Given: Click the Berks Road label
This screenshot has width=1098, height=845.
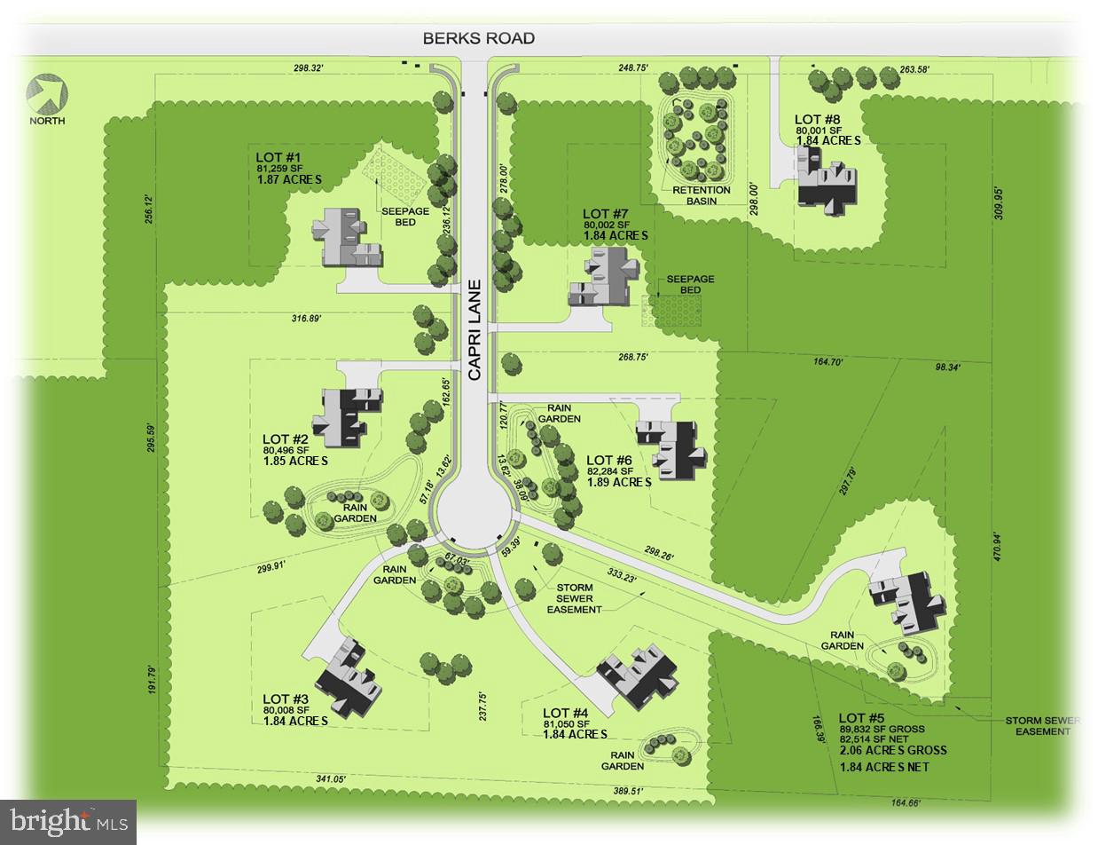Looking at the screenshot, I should (x=478, y=38).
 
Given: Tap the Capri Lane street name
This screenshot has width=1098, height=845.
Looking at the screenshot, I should (x=474, y=330).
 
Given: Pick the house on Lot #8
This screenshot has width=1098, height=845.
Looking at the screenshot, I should (x=825, y=179).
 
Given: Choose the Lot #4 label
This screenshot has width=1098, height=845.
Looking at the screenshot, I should (x=565, y=713).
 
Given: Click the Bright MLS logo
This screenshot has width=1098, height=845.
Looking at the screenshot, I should (x=68, y=821).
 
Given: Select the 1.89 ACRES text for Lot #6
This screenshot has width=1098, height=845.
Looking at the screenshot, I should (x=619, y=482).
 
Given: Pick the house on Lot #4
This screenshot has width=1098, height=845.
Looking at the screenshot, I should (x=640, y=675).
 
